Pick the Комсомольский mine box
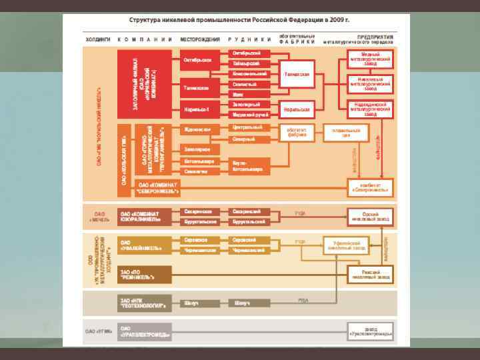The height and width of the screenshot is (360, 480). pos(250,74)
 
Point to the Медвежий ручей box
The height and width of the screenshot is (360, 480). pos(250,115)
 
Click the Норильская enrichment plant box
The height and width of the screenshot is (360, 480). pos(297,109)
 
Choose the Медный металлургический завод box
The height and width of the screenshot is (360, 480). pos(370,58)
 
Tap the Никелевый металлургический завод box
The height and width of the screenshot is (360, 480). pos(370,84)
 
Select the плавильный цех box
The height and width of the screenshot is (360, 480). pos(346,132)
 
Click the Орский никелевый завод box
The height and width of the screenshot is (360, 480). pos(370,215)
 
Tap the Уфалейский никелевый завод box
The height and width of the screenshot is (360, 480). pos(346,246)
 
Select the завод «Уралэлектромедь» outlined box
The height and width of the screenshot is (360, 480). pos(370,331)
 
